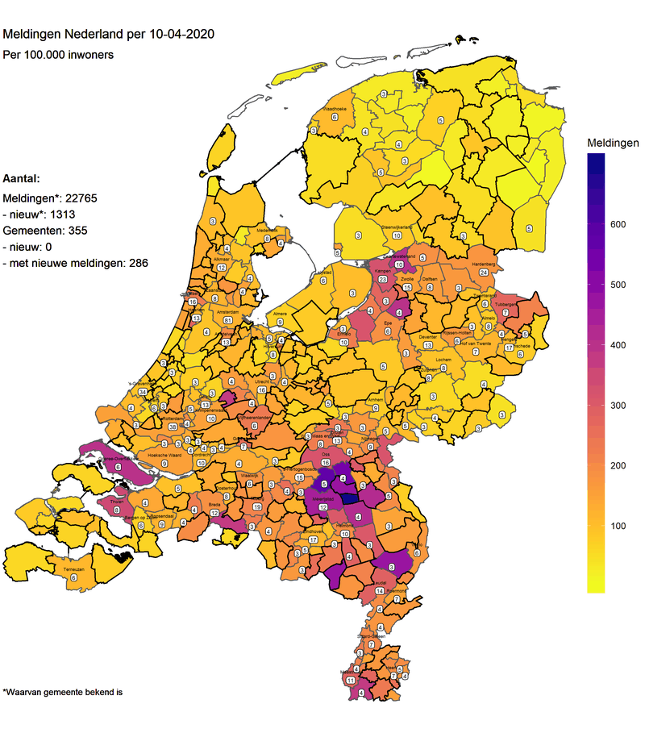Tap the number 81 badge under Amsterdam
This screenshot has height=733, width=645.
[x=228, y=320]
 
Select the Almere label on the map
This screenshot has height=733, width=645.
[x=280, y=312]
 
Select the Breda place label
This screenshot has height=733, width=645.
[x=215, y=505]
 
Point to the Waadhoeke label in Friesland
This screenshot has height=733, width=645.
[x=334, y=108]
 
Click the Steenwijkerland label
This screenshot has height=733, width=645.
[x=397, y=227]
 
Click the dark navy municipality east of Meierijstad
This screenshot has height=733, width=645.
[x=349, y=498]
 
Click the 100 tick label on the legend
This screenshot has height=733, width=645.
[x=618, y=527]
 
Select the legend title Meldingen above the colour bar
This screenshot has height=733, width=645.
[x=612, y=142]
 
